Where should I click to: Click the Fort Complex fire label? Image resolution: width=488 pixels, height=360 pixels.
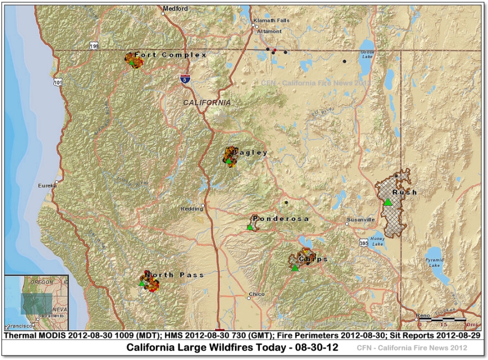(x=171, y=55)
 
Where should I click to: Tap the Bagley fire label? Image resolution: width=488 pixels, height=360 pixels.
(x=250, y=153)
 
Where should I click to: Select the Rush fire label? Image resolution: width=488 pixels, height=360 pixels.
(x=404, y=192)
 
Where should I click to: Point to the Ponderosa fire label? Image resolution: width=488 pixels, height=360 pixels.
(x=280, y=218)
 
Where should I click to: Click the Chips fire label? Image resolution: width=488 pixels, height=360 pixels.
(x=313, y=259)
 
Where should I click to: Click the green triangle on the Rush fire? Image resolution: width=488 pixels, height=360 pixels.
(x=388, y=202)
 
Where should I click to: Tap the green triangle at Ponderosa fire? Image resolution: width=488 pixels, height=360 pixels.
(x=250, y=227)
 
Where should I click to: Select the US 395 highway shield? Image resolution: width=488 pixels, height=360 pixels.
(x=363, y=242)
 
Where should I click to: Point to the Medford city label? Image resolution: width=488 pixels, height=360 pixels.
(x=176, y=8)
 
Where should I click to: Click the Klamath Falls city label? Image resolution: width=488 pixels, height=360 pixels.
(x=271, y=20)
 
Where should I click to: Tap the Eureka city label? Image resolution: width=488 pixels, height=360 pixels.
(x=47, y=184)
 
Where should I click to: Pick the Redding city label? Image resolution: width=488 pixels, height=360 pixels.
(x=191, y=209)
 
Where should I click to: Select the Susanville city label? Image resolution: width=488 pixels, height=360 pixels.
(x=361, y=219)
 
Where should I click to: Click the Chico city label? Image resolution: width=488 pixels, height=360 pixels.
(x=256, y=294)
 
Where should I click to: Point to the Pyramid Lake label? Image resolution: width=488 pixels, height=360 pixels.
(x=435, y=262)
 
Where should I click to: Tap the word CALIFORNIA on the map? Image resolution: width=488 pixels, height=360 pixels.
(x=207, y=103)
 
